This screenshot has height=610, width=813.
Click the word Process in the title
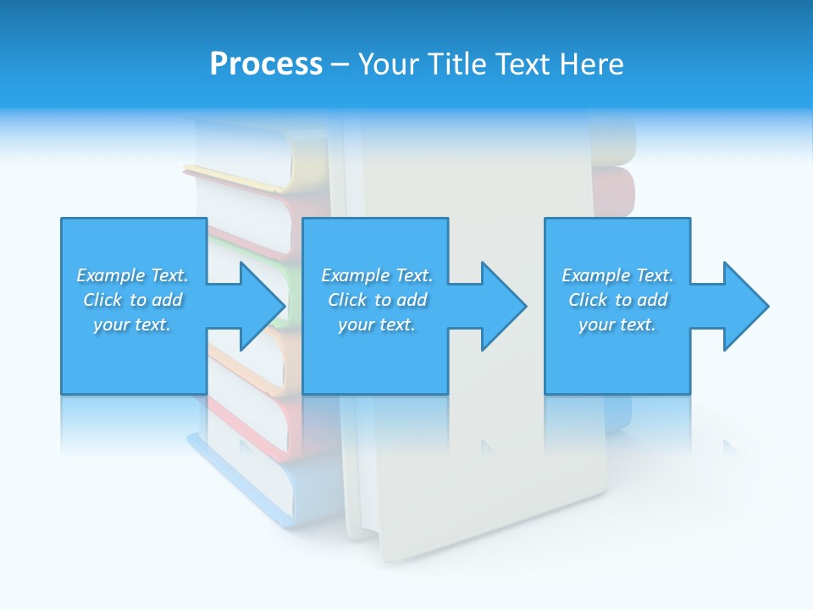266,64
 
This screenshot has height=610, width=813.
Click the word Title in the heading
458,64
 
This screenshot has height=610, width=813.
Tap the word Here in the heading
592,64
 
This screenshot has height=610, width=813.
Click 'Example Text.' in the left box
132,275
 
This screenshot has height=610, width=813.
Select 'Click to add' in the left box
132,300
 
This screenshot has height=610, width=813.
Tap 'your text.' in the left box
132,324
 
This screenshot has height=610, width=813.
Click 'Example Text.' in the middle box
377,275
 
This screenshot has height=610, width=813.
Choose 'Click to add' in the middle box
377,300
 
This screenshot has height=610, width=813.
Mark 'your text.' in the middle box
377,324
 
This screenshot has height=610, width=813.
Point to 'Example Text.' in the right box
617,275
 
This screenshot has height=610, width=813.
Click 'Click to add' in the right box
617,300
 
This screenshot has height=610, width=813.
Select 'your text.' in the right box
617,324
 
